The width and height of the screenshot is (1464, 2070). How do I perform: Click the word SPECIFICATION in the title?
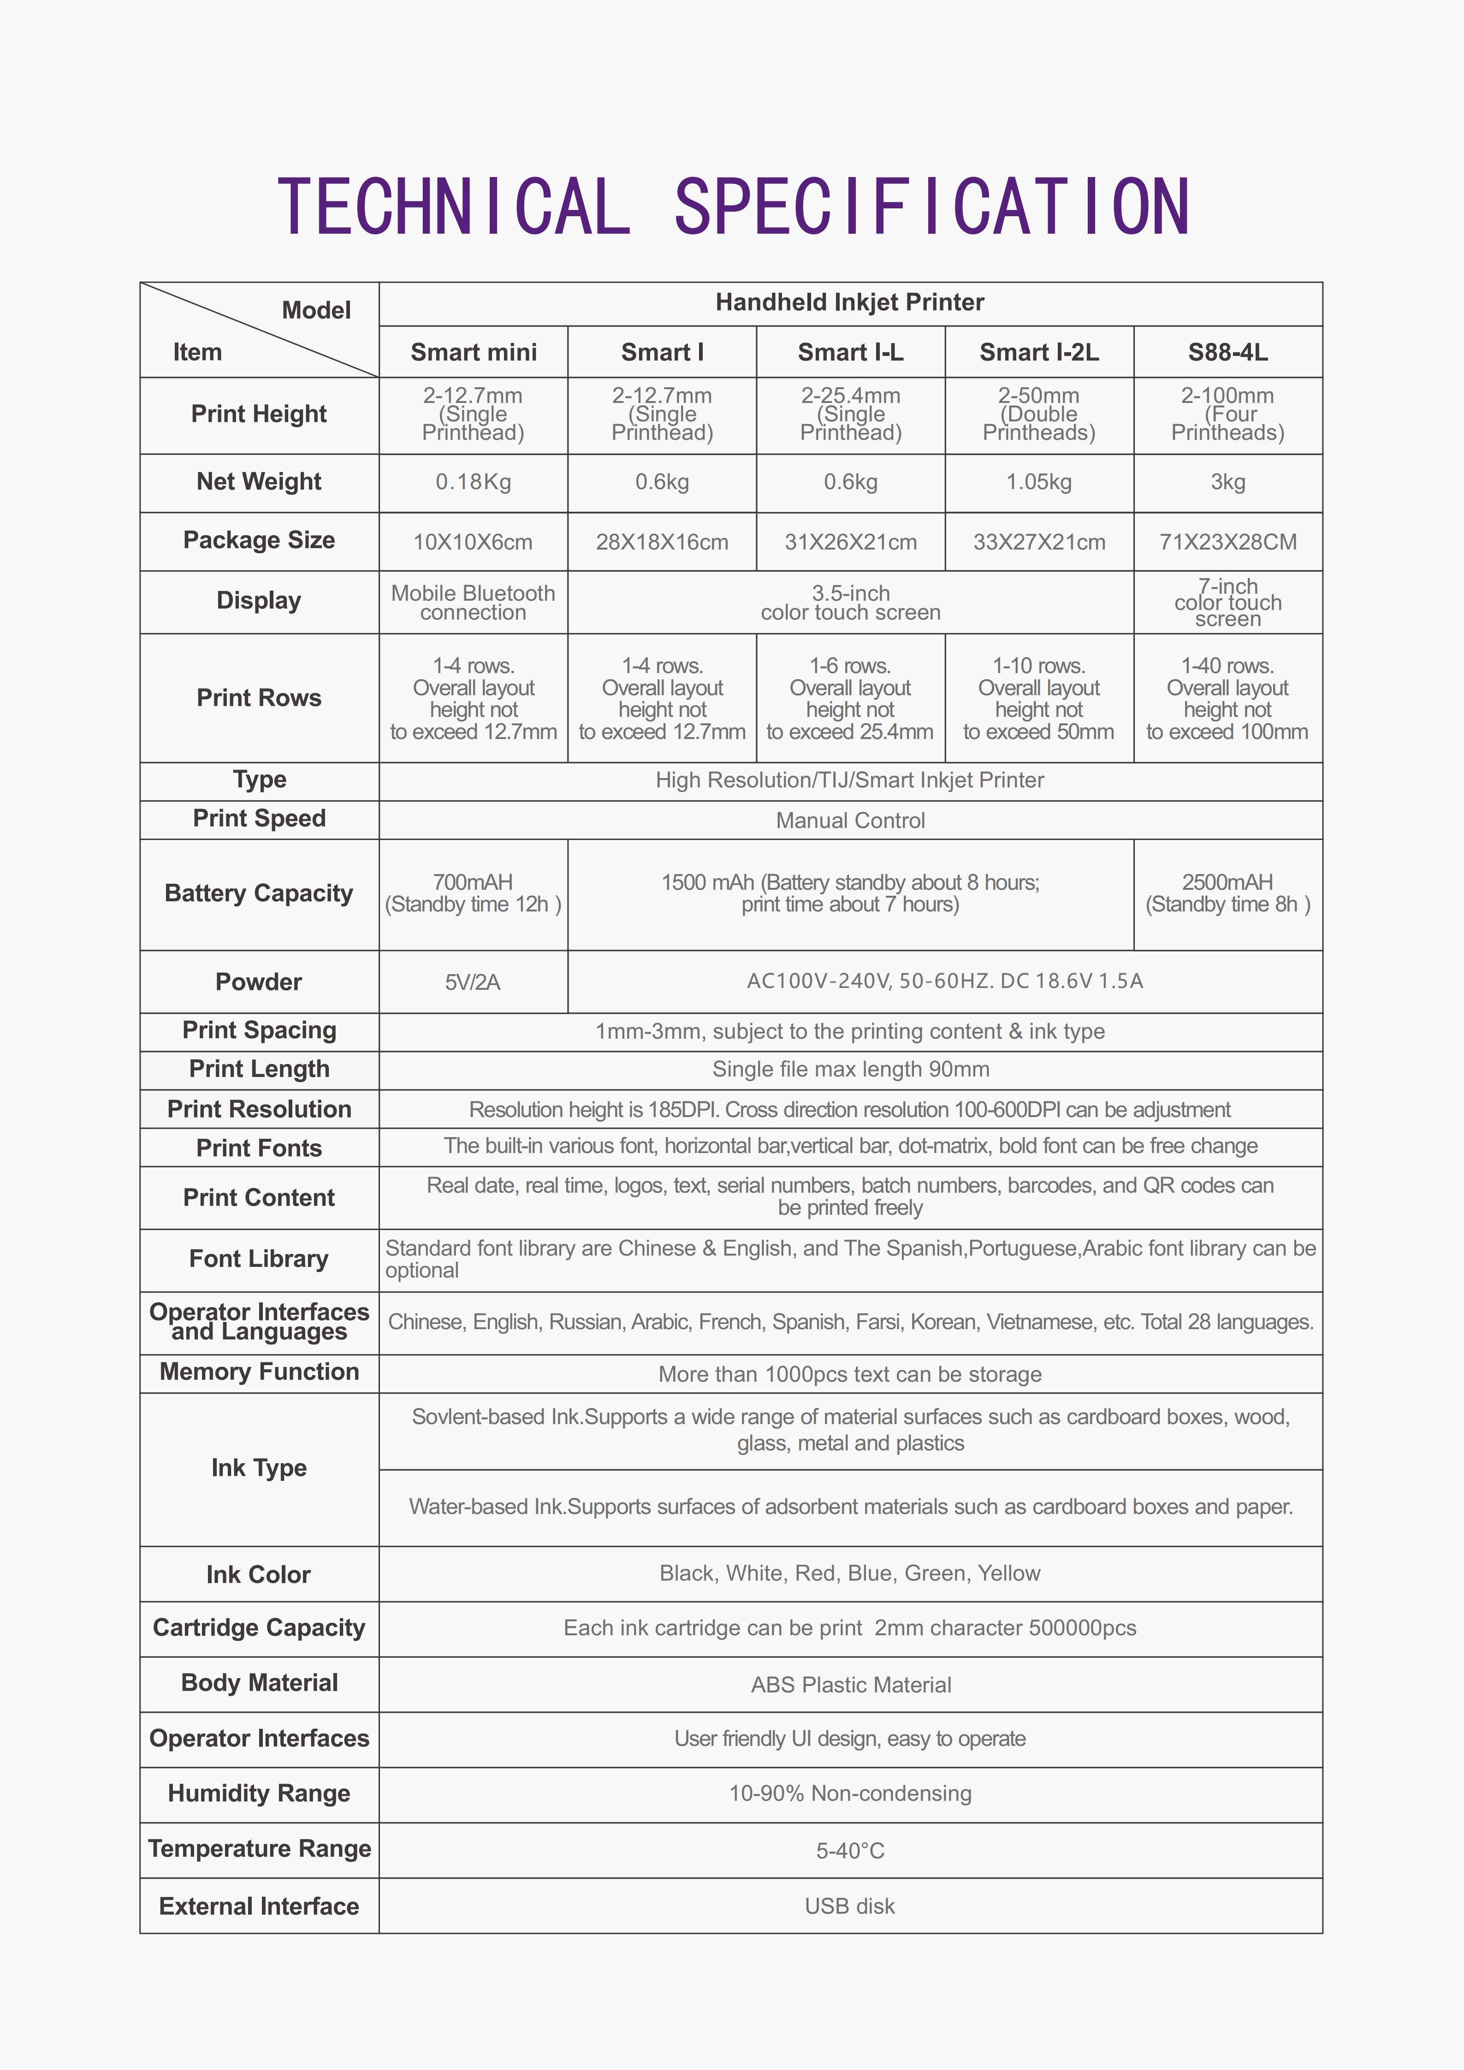[932, 207]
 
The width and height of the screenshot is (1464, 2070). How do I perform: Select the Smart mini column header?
[473, 353]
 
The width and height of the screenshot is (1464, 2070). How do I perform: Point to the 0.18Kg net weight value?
[473, 482]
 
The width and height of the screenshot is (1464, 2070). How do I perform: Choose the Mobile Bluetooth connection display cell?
[473, 602]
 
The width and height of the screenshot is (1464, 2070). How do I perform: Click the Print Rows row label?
[259, 698]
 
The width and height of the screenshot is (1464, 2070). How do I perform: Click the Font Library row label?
[259, 1259]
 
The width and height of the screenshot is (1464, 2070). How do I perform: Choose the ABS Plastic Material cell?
[850, 1685]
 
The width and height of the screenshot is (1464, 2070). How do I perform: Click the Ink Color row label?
[259, 1574]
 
